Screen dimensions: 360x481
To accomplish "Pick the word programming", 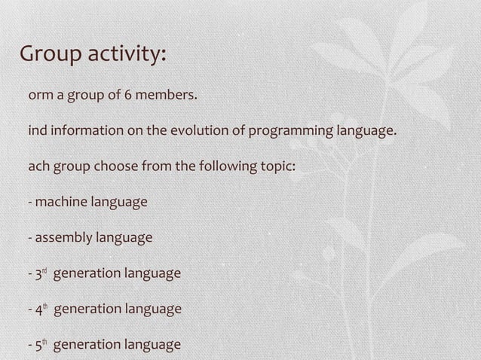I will pos(283,132).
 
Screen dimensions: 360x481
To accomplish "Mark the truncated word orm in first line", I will pos(39,96).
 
